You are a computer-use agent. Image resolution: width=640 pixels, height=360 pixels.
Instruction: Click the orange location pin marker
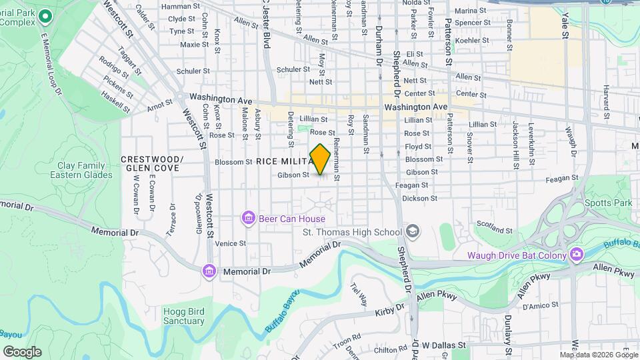click(320, 159)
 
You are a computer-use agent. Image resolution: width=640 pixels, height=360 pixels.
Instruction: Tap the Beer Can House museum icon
click(248, 218)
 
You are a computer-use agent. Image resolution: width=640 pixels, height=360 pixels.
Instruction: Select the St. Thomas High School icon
click(413, 231)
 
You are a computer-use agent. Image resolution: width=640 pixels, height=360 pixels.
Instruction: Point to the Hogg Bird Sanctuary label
click(183, 316)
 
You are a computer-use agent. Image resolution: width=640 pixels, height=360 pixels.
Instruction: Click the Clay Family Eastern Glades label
click(77, 170)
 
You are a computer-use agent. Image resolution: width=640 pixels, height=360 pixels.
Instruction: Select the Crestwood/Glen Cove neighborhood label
click(152, 164)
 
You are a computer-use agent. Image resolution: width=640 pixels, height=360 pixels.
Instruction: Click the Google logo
click(22, 351)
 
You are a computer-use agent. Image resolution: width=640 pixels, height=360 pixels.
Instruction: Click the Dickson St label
click(420, 198)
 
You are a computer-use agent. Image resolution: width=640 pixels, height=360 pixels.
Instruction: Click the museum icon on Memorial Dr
click(209, 271)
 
